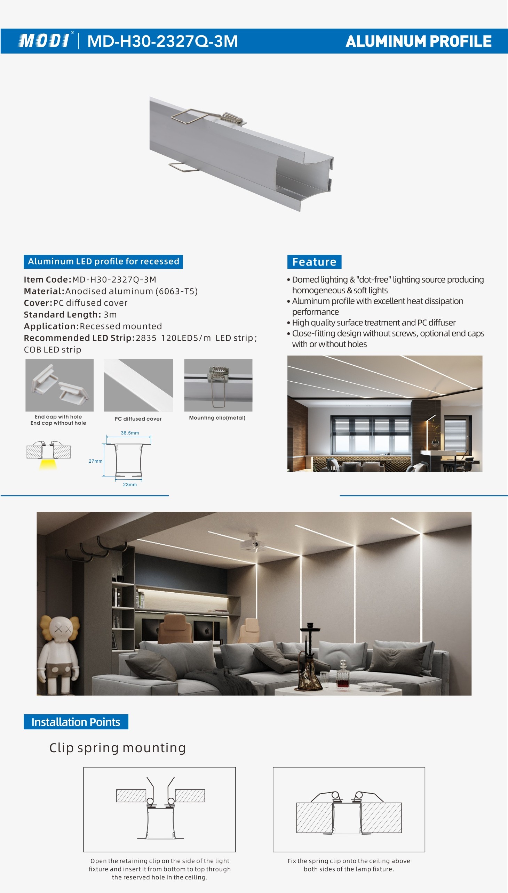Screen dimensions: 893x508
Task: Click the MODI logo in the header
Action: (x=44, y=41)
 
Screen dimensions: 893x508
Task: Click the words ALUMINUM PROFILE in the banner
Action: (x=418, y=41)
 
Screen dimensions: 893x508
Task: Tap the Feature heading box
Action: (x=314, y=262)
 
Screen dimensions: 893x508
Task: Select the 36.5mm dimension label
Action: (x=130, y=433)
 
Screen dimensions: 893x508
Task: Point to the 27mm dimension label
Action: (x=95, y=461)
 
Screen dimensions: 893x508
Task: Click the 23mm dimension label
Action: (x=130, y=485)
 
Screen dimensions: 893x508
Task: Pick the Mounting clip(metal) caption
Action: (x=217, y=417)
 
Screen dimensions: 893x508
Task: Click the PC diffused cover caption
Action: (x=138, y=419)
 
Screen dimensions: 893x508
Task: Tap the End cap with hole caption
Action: (x=58, y=416)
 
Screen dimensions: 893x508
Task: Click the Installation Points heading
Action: (x=76, y=722)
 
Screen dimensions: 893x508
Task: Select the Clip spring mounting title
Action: (x=117, y=748)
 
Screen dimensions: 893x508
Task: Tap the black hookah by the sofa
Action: (x=309, y=655)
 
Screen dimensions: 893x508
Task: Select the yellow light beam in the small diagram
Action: (x=48, y=464)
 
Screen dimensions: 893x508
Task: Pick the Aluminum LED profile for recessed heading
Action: (x=103, y=261)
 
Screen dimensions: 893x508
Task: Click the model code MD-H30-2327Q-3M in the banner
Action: (x=162, y=41)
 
